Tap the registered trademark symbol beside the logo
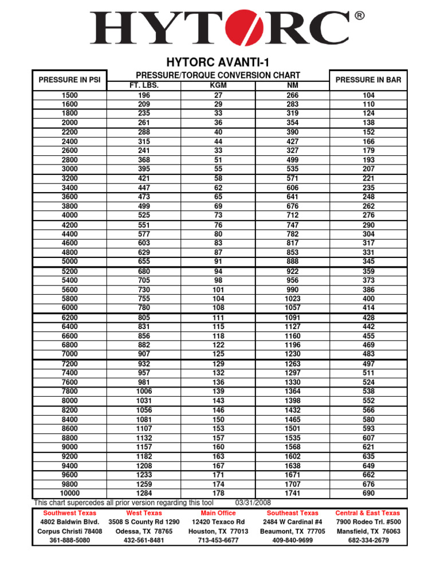359,16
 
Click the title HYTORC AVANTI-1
218,62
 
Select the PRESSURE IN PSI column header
69,80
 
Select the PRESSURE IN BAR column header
368,80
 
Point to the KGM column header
218,85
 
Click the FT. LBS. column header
144,85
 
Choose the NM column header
292,85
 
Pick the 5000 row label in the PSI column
69,261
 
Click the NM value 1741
292,493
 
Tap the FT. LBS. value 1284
144,493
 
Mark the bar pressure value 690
368,493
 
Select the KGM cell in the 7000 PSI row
218,354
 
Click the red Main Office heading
218,513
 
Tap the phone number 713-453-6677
218,541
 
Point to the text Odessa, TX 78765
144,531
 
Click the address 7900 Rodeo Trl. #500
368,522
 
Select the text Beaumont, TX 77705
292,531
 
